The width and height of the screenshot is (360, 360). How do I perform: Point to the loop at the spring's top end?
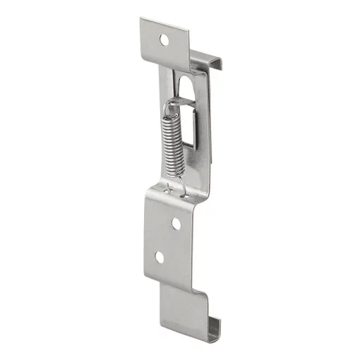(170, 107)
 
